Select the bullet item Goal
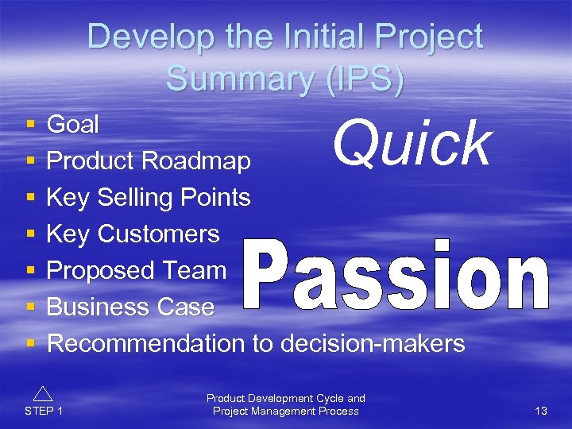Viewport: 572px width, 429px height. (x=73, y=124)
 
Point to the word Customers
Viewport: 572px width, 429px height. (x=158, y=234)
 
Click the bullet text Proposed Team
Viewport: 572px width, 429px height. (x=137, y=270)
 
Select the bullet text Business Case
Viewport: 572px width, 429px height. (x=130, y=307)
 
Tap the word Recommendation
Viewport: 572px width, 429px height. (x=145, y=343)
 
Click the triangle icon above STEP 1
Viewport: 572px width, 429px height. (x=44, y=392)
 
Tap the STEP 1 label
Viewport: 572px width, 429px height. (x=44, y=411)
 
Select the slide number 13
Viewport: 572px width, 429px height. (x=541, y=411)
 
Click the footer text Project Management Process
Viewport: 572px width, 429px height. (x=285, y=411)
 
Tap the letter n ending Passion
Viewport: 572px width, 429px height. (x=525, y=282)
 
